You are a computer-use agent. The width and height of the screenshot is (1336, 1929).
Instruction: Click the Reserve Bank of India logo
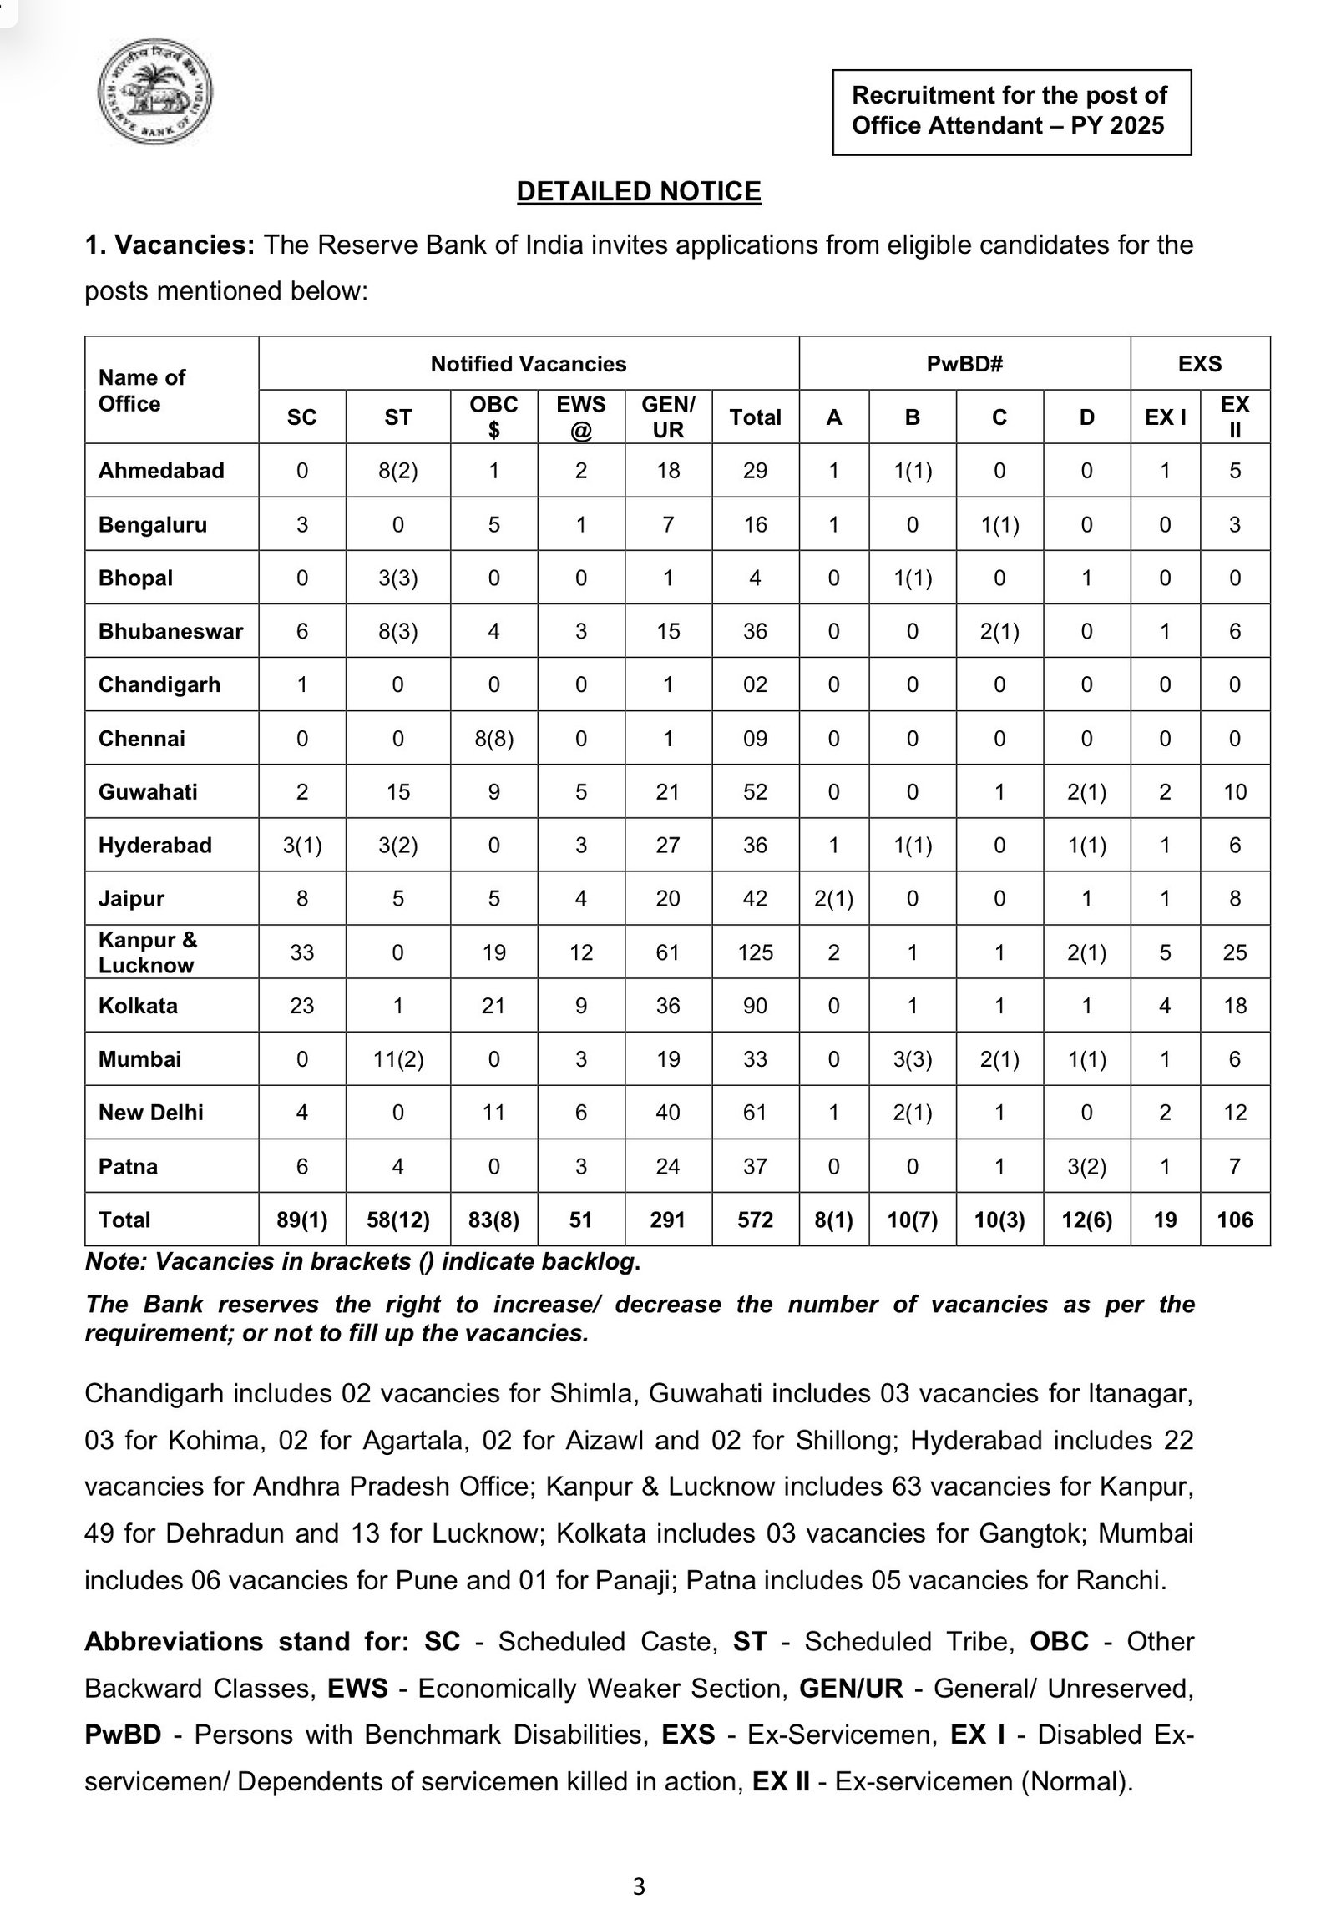coord(154,91)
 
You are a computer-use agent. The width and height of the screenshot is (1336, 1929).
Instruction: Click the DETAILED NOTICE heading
coord(639,192)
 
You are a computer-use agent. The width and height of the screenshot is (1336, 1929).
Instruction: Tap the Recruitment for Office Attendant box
coord(1011,112)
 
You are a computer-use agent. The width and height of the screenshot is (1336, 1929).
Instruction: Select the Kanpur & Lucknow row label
coord(148,952)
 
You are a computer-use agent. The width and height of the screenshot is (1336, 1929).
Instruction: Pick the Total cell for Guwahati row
coord(755,791)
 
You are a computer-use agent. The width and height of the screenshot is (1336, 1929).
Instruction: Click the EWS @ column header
coord(581,417)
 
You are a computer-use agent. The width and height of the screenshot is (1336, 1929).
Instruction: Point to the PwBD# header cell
coord(964,364)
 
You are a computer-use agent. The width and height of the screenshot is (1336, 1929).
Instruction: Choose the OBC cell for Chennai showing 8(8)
coord(493,738)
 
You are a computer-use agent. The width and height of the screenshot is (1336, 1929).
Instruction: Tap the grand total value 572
coord(755,1220)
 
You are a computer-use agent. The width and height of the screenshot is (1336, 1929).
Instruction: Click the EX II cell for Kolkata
coord(1235,1005)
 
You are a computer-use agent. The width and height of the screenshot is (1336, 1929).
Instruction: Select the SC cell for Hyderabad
coord(302,846)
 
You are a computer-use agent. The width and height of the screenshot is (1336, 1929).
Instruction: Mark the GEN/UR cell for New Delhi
coord(667,1112)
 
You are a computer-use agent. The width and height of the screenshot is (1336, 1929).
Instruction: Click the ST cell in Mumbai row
coord(397,1059)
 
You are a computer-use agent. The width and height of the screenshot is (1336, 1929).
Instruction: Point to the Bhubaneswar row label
coord(171,631)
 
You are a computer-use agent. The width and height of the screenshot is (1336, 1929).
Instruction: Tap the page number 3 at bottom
coord(639,1886)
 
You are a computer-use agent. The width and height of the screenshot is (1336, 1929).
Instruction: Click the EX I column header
coord(1164,417)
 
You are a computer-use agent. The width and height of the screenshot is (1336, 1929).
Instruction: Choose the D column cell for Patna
coord(1086,1166)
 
